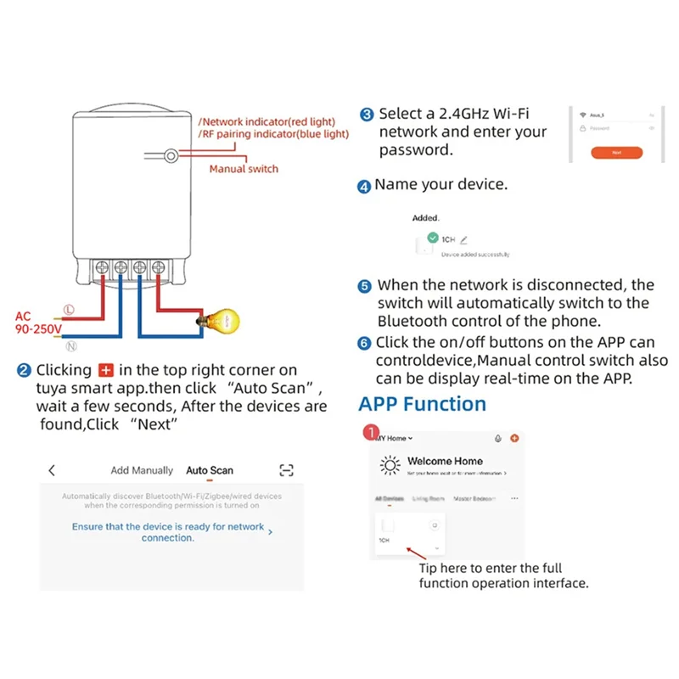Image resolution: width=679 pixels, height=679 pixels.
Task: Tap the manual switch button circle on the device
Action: (171, 156)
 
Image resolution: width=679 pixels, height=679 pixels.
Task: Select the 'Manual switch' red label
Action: (244, 169)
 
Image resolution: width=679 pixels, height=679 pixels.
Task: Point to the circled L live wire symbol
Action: (69, 312)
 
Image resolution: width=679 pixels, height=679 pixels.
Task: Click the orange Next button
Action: (616, 153)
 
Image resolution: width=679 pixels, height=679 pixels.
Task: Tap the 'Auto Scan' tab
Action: (210, 470)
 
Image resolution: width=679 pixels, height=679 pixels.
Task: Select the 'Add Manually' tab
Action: (142, 470)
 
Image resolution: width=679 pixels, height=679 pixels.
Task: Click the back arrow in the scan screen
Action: (53, 470)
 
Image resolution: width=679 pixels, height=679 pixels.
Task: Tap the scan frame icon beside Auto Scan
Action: (286, 470)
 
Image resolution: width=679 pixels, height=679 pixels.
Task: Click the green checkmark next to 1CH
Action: (433, 239)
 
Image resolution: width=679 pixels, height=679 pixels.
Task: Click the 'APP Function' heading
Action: (423, 403)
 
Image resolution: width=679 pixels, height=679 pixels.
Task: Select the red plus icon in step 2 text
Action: (106, 371)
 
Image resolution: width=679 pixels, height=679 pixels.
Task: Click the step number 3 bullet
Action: (367, 115)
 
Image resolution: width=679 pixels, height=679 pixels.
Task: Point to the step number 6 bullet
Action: (364, 344)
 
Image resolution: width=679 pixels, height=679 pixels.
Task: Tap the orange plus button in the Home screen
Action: (514, 439)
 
